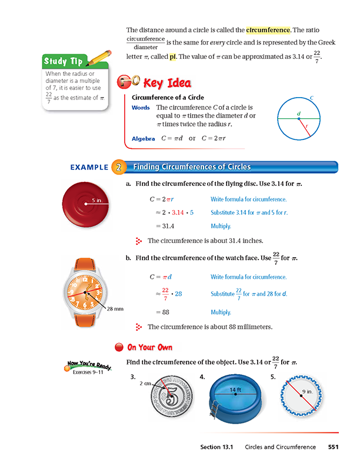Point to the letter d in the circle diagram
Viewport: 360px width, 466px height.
[x=299, y=113]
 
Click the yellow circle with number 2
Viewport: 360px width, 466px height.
[x=118, y=167]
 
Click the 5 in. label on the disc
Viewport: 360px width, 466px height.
[x=97, y=200]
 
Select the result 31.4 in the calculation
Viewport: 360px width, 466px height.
[x=159, y=225]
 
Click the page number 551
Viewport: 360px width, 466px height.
[x=333, y=447]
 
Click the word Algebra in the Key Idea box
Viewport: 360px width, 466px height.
[x=144, y=139]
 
